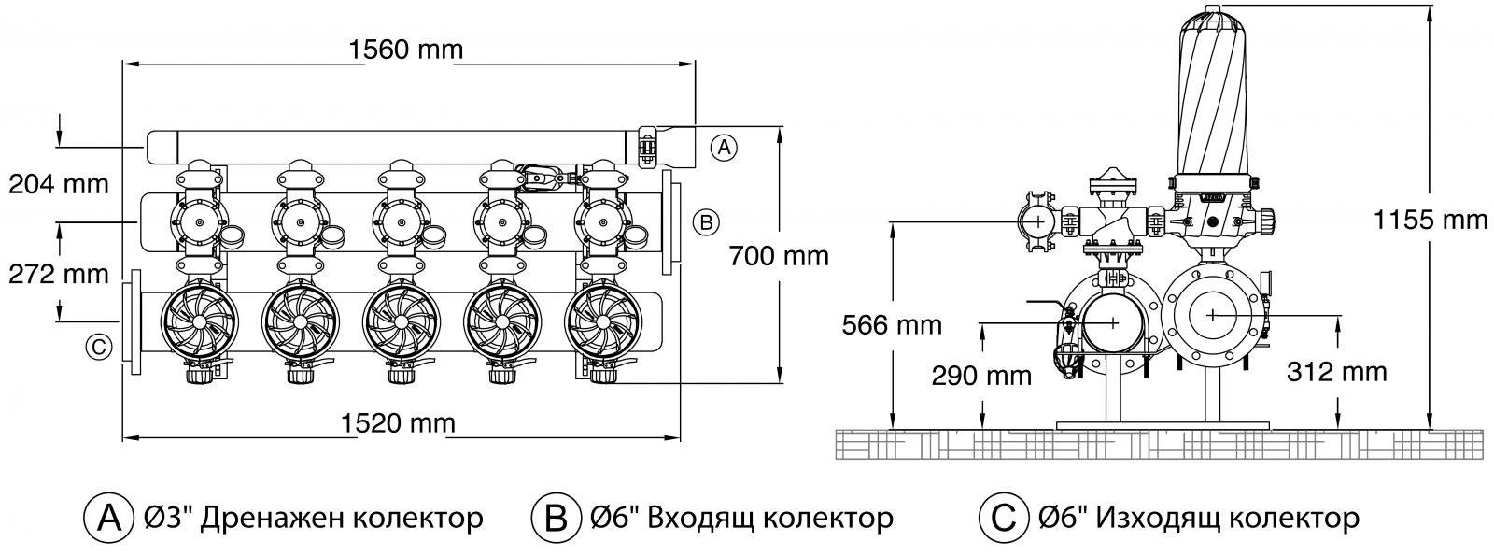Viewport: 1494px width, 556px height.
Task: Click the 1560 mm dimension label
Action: pos(405,50)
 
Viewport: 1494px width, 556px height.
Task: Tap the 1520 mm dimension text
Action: pos(399,423)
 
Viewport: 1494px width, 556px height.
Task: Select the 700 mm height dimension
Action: pos(780,255)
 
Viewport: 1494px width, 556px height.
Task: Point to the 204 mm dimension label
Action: pos(59,184)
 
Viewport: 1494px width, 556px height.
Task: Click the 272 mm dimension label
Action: pos(59,274)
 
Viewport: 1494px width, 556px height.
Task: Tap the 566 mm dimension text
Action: pos(891,326)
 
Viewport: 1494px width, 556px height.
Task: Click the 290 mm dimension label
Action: pos(981,377)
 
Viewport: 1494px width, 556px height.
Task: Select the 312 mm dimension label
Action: pos(1337,372)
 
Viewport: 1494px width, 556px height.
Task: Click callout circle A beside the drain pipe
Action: pos(724,146)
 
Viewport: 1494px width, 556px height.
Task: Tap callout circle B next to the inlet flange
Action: pos(706,221)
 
